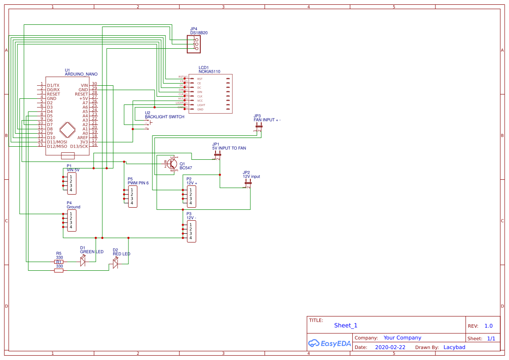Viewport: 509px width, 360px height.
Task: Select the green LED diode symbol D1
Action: (x=83, y=261)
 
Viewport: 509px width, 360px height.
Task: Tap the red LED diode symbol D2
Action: (x=115, y=263)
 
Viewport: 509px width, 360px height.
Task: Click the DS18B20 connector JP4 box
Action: (x=194, y=44)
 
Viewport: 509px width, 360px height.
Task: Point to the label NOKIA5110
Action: (x=209, y=71)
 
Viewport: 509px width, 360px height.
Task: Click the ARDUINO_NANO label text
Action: (x=81, y=74)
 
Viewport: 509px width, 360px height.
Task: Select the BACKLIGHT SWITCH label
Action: (x=165, y=117)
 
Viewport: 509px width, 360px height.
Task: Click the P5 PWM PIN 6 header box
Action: (x=133, y=196)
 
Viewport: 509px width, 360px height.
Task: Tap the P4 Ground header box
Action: (x=72, y=220)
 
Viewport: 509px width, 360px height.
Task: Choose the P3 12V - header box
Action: (x=191, y=231)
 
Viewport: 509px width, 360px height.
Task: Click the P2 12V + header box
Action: (x=191, y=196)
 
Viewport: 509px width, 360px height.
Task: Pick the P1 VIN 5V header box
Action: (x=72, y=183)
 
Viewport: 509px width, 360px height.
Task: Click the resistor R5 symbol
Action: (x=58, y=262)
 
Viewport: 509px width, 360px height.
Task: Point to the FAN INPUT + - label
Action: (x=267, y=120)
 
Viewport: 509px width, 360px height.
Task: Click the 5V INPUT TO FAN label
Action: (x=229, y=148)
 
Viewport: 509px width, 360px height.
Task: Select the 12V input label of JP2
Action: (x=251, y=177)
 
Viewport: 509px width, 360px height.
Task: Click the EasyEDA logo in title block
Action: (x=330, y=343)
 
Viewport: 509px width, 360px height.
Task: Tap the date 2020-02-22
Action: (x=390, y=347)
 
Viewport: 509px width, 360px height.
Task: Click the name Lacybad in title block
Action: (x=454, y=347)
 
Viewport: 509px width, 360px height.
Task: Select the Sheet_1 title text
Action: (x=346, y=325)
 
